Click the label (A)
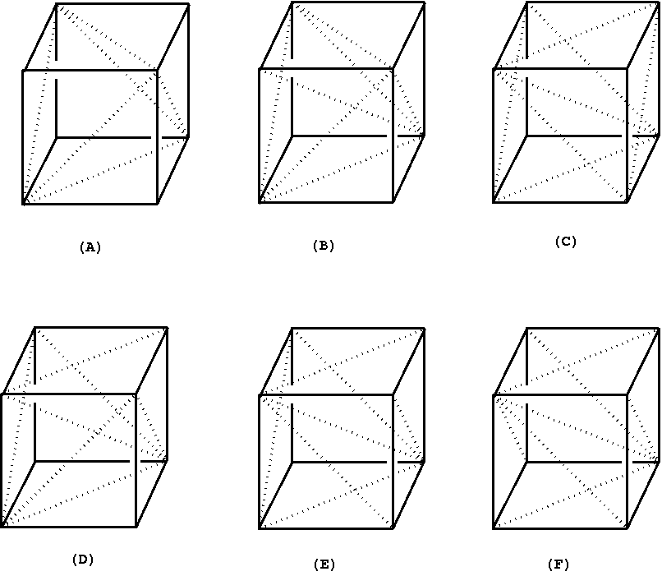pos(90,247)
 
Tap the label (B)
pos(324,245)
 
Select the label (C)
pos(566,241)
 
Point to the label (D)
pos(83,560)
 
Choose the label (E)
pos(324,564)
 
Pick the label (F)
pos(558,564)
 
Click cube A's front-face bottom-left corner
pos(23,203)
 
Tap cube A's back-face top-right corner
pos(189,3)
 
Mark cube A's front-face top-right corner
pos(157,71)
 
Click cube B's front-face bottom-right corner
pos(392,202)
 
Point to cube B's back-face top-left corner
pos(292,2)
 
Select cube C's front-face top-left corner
pos(494,69)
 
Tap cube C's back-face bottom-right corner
pos(660,135)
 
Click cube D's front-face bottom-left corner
pos(2,527)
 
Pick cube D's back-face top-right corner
pos(168,327)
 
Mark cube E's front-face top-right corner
pos(392,395)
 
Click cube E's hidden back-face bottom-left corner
pos(292,461)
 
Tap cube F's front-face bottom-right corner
pos(627,528)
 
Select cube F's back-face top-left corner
pos(526,327)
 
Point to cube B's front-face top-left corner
pos(260,69)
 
